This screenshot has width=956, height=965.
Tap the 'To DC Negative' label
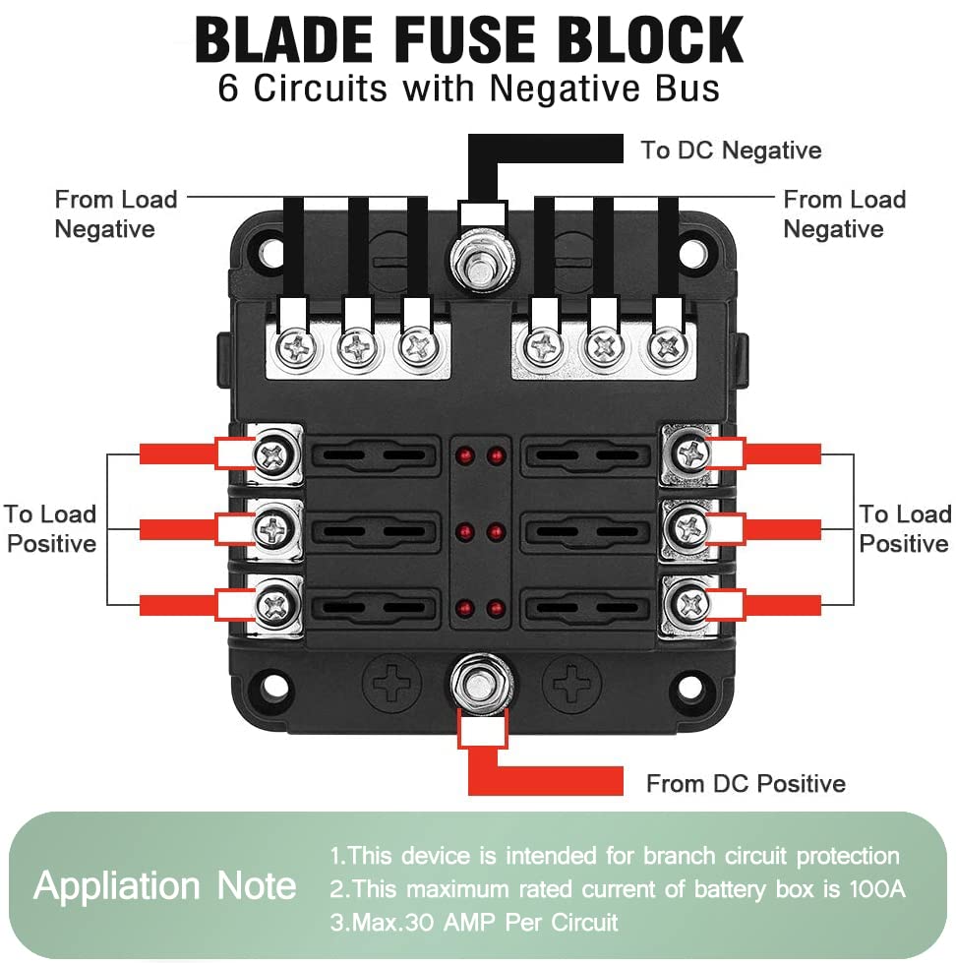coord(731,151)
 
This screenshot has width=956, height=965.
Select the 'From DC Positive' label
coord(746,784)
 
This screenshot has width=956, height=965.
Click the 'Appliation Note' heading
coord(165,886)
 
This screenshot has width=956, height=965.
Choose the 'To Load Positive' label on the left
coord(51,529)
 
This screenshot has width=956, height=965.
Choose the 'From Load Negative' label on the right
coord(843,214)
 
